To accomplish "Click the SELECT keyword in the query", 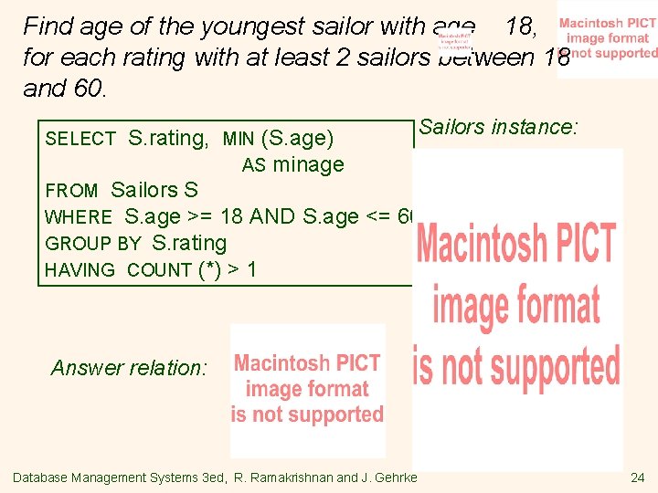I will pos(80,139).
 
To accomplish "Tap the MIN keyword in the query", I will pos(239,139).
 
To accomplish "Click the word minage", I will pos(308,165).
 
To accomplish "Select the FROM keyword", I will pos(71,191).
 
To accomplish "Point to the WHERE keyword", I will pos(79,217).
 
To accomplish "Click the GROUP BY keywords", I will pos(92,244).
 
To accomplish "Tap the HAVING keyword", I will pos(80,270).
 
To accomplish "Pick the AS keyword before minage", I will pos(253,165).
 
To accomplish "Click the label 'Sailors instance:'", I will pos(498,127).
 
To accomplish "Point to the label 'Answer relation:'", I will pos(129,368).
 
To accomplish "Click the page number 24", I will pos(637,477).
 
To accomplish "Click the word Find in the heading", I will pos(48,26).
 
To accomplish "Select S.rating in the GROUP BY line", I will pos(188,244).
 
